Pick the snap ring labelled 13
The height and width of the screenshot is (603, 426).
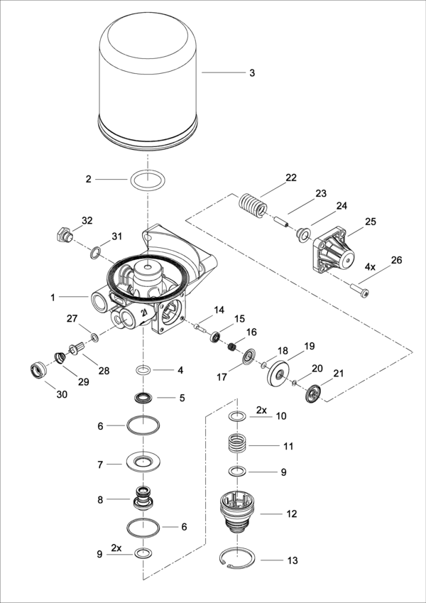238,560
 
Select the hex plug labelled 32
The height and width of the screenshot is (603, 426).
62,234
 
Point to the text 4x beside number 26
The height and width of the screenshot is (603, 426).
370,268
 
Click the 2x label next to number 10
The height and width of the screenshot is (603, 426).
261,410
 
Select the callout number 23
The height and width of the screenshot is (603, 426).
320,193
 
